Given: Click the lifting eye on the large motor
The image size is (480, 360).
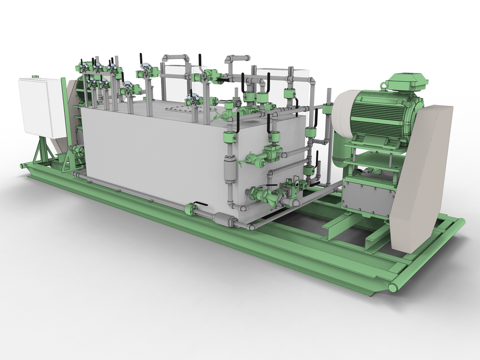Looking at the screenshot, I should [x=384, y=86].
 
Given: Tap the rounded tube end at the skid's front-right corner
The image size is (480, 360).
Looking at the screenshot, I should [x=392, y=287].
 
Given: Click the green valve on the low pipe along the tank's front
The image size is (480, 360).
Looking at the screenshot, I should [x=190, y=209].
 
